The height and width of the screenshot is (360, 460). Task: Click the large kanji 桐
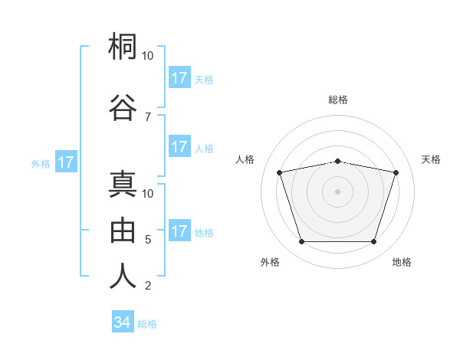click(123, 46)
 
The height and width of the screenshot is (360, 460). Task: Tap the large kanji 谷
click(123, 107)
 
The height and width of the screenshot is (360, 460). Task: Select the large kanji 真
click(123, 184)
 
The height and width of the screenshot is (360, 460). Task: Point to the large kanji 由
click(123, 230)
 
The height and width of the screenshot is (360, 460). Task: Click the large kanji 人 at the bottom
click(123, 276)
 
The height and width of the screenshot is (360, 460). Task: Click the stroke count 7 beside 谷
click(148, 117)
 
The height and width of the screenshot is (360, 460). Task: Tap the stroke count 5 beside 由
click(148, 240)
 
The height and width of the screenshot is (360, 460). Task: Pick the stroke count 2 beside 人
click(148, 285)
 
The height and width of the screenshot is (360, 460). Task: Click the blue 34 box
click(123, 321)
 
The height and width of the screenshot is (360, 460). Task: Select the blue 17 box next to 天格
click(180, 77)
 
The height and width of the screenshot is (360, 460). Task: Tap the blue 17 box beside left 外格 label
click(66, 162)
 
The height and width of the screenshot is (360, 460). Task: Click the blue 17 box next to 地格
click(180, 230)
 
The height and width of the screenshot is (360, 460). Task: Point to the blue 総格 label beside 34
click(147, 324)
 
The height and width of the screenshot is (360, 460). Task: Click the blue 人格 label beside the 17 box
click(204, 149)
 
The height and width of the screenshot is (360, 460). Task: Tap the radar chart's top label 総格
click(338, 100)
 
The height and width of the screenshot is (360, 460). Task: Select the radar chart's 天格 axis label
click(431, 159)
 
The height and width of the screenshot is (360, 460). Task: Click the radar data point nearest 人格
click(279, 172)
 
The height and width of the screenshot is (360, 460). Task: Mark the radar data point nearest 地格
click(374, 242)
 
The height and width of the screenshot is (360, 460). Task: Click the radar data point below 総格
click(337, 162)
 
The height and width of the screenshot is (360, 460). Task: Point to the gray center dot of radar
click(337, 191)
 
